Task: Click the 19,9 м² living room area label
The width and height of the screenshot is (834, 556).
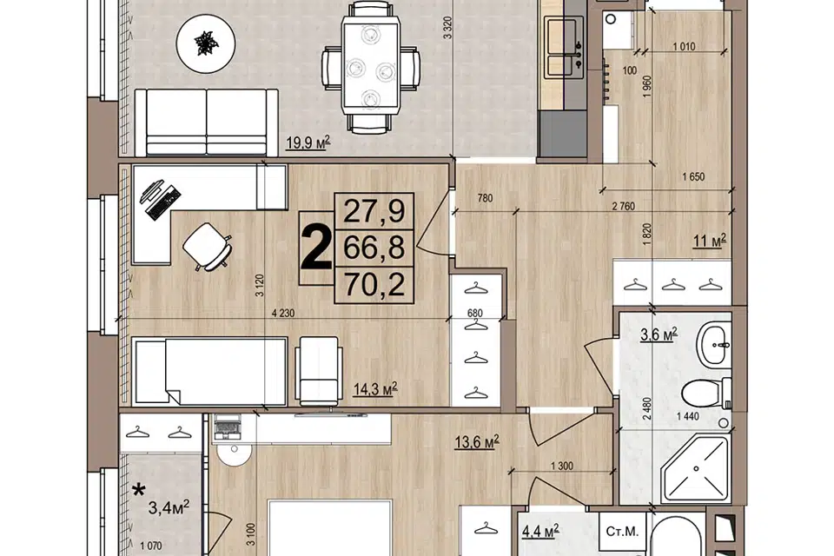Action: pos(308,142)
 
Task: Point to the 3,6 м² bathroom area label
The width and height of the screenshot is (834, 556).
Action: pos(659,334)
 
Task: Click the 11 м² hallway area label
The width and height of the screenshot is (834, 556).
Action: pos(710,241)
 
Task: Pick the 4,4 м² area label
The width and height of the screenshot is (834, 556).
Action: pos(539,531)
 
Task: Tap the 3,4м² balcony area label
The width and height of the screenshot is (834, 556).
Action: pos(169,508)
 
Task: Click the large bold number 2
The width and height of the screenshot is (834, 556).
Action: pos(316,248)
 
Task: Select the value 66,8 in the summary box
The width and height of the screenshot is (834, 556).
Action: pos(374,248)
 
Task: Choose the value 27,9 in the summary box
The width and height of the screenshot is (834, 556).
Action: pos(374,211)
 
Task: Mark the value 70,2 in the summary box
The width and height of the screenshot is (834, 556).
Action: pos(374,285)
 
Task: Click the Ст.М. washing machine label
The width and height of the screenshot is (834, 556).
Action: pos(622,531)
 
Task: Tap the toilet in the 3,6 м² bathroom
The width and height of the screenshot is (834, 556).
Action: pos(705,393)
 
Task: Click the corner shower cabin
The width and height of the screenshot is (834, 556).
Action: pos(694,467)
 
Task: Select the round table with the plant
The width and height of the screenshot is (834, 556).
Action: pos(206,42)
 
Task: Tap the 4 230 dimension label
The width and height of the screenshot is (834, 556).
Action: pos(283,314)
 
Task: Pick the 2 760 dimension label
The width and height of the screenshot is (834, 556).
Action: pos(623,207)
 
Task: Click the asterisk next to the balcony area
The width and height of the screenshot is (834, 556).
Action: pos(139,489)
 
